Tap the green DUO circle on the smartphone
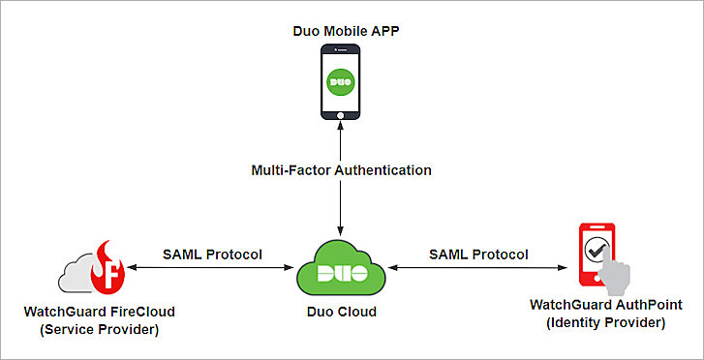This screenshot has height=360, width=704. (339, 80)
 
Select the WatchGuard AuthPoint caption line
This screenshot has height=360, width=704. (606, 305)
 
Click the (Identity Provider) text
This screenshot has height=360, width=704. (606, 322)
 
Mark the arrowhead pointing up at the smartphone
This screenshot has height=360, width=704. (339, 120)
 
